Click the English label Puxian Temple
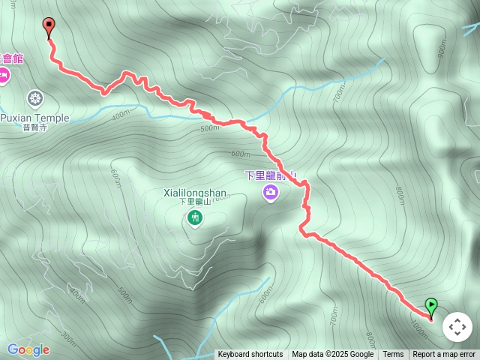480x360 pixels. coord(34,118)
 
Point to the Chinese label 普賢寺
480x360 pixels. coord(34,127)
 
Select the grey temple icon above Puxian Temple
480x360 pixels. coord(35,97)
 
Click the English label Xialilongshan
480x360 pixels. coord(194,193)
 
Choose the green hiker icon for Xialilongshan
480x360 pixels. coord(195,218)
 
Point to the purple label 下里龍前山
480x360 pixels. coord(270,175)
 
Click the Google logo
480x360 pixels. coord(28,349)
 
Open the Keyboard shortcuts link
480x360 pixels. coord(250,355)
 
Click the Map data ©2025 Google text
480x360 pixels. coord(332,355)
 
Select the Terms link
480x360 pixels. coord(393,355)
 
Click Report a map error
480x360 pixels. coord(444,355)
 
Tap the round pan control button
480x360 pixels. coord(457,327)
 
